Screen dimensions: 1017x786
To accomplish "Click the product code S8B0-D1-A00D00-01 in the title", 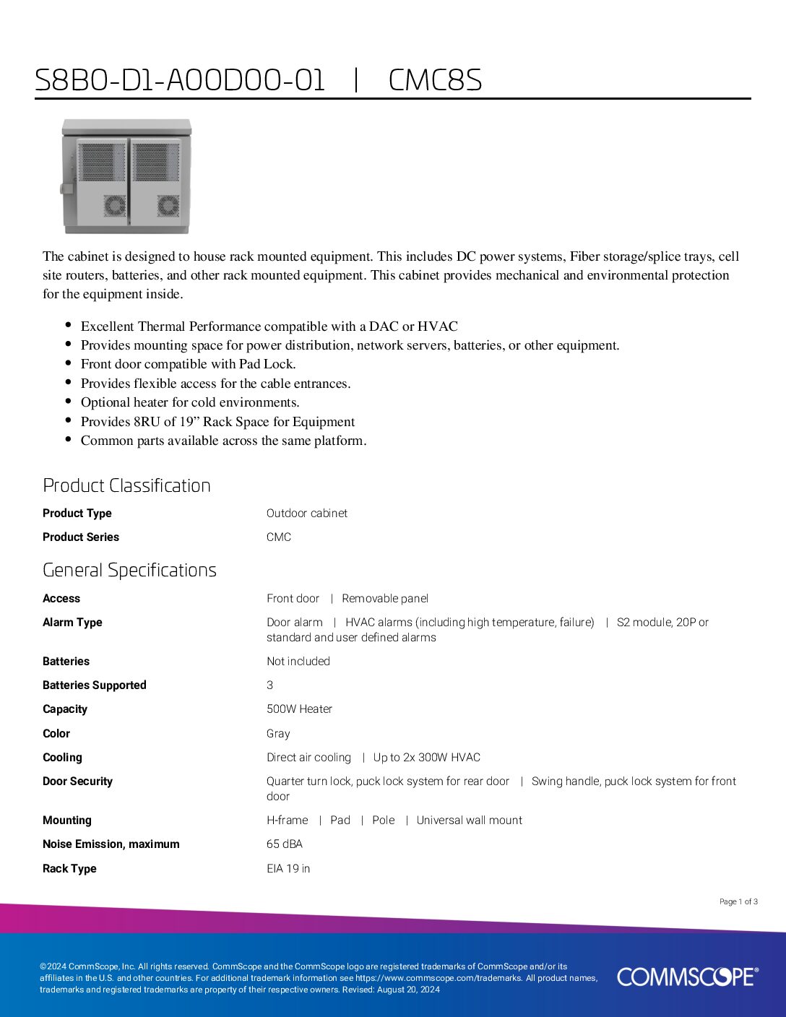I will point(180,80).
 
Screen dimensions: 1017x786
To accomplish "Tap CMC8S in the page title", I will point(435,80).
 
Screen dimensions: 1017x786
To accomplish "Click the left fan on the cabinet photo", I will point(114,206).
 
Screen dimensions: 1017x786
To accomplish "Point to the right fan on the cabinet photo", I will point(168,206).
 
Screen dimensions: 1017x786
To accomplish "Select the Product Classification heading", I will point(126,485).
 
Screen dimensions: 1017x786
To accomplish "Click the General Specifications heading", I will point(129,570).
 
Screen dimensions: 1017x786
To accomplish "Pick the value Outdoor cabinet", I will point(306,513).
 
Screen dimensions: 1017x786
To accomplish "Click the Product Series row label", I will point(80,537).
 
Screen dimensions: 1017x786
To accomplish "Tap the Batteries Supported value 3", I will point(269,685).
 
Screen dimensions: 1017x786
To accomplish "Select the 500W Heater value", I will point(299,709).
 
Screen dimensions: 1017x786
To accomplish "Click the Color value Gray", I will point(278,733).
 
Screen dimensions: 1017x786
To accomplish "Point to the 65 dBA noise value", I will point(284,844).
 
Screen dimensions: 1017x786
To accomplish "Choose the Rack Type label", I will point(69,868).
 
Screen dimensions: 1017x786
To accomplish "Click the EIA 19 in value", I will point(288,868).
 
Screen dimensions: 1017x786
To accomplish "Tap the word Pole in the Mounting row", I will point(383,820).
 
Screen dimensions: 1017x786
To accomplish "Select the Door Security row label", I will point(77,781).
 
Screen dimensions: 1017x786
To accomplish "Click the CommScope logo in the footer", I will point(687,977).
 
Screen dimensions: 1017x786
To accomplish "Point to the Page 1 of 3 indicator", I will point(738,901).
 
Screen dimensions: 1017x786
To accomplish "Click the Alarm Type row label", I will point(72,622).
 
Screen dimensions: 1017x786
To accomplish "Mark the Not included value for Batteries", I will point(298,661).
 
